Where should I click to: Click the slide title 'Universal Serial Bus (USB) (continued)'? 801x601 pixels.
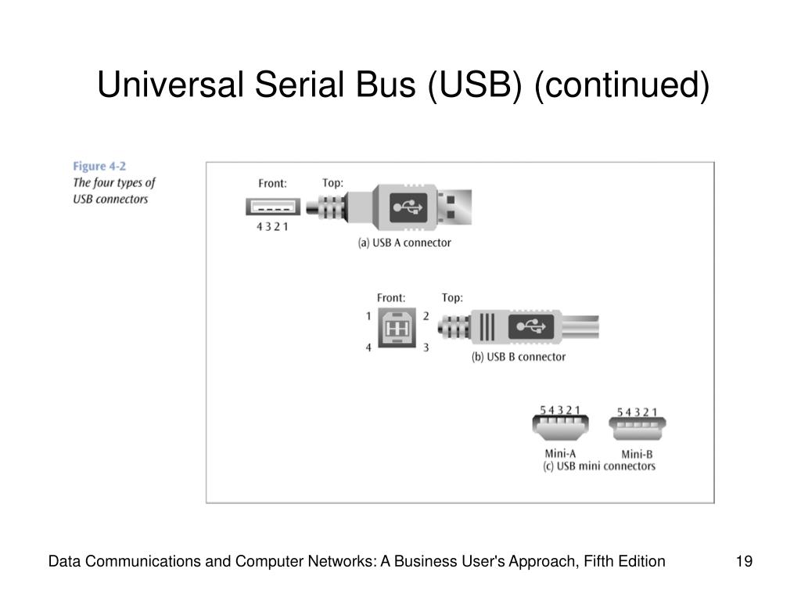tap(403, 85)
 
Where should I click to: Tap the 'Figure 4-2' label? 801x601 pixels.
tap(99, 166)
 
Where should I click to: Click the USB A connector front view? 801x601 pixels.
tap(271, 207)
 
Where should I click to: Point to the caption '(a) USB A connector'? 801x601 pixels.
tap(404, 243)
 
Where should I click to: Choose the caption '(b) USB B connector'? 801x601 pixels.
tap(518, 357)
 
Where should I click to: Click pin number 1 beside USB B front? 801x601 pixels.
tap(368, 316)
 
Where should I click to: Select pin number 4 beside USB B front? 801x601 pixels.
tap(368, 347)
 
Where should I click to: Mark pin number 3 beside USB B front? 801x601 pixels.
tap(426, 347)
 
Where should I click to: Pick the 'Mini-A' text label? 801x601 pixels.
tap(560, 453)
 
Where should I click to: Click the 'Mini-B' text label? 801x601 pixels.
tap(637, 454)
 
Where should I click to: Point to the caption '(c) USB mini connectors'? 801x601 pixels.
tap(598, 466)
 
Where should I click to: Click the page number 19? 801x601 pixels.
tap(744, 561)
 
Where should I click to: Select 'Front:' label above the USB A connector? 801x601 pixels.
tap(273, 184)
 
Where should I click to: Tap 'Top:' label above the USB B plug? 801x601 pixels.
tap(452, 297)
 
